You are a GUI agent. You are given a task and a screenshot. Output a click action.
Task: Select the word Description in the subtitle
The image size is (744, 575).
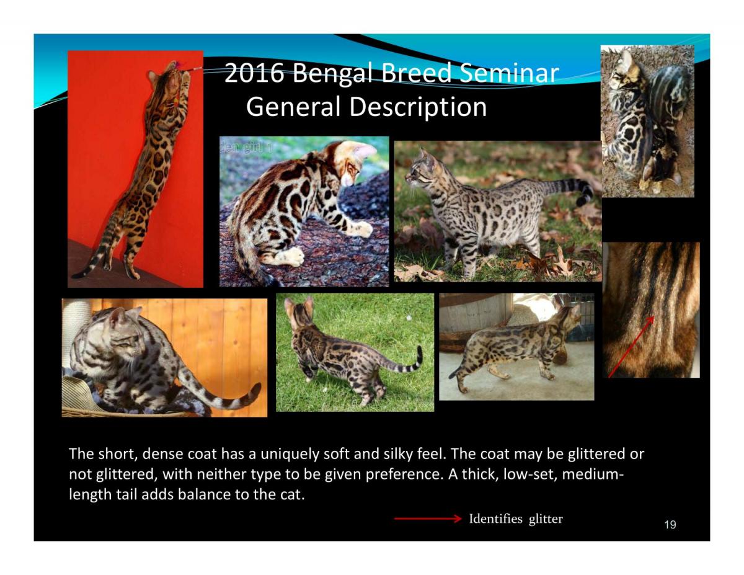[x=418, y=107]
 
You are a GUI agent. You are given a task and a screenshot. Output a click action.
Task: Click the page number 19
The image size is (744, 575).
[x=670, y=525]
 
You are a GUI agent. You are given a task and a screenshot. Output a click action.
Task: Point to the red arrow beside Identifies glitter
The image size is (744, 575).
[x=428, y=519]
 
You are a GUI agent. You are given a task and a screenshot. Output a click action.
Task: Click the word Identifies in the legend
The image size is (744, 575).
[x=495, y=519]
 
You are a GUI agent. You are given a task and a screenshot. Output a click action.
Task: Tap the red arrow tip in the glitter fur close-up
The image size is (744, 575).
[x=654, y=316]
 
